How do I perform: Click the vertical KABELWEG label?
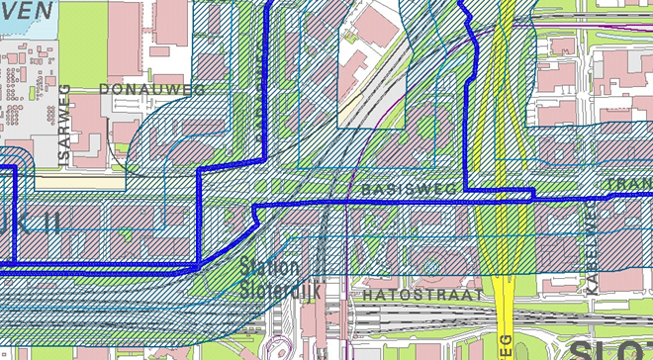coord(591,263)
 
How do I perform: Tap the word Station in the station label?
coord(270,267)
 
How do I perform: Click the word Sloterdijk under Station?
coord(270,291)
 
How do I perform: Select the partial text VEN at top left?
coord(27,10)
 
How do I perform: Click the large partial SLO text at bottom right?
coord(607,348)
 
